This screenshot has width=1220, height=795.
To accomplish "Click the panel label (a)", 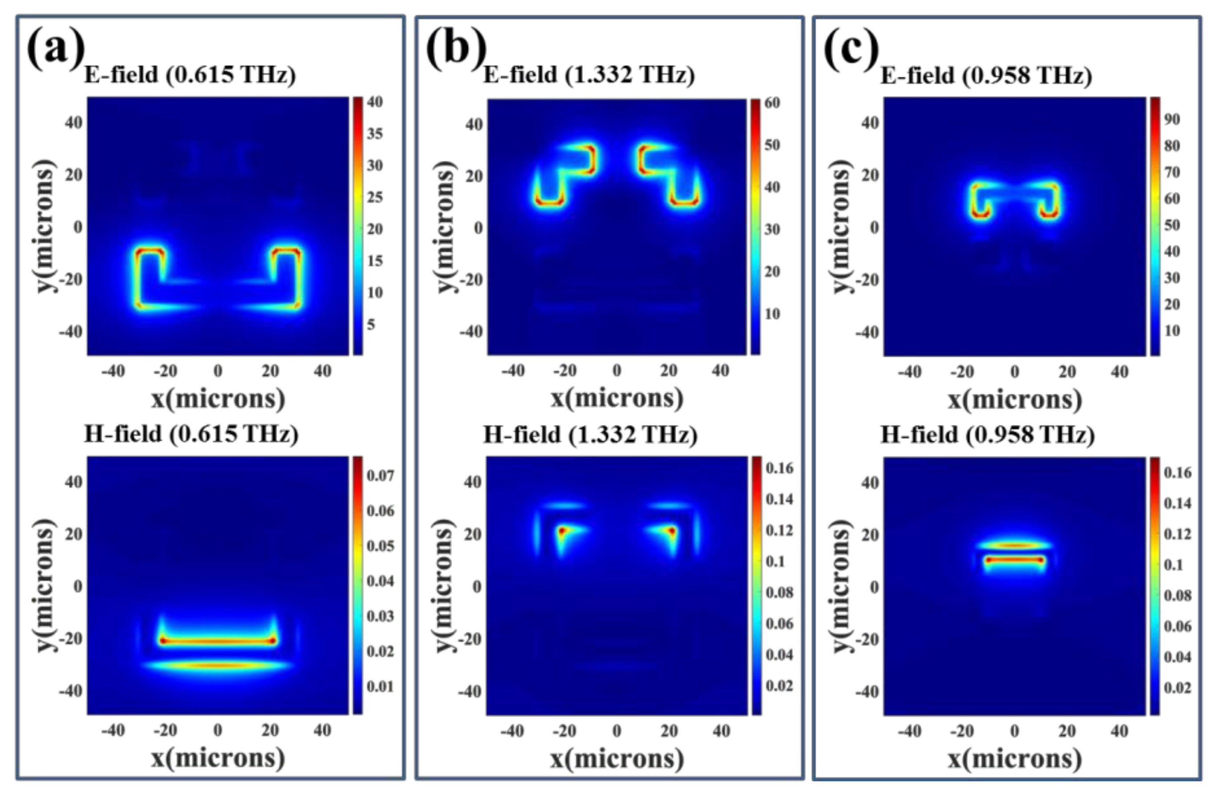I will tap(55, 49).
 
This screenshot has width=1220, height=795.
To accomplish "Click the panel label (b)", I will tap(455, 49).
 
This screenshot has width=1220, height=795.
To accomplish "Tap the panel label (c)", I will tap(851, 49).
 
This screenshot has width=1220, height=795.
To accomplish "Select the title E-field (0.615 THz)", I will tap(190, 75).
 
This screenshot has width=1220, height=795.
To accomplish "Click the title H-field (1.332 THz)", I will tap(590, 435).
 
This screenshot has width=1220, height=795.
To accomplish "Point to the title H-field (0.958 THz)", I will tap(987, 435).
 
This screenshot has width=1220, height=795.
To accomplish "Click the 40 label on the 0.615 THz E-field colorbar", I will tap(375, 102).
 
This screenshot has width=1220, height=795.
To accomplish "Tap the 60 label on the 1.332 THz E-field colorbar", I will tap(772, 103).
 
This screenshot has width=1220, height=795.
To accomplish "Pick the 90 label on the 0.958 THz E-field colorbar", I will tap(1172, 119).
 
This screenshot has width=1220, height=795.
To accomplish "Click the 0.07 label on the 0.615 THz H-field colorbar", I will tap(380, 476).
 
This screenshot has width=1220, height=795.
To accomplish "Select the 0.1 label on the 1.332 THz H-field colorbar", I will tap(775, 561).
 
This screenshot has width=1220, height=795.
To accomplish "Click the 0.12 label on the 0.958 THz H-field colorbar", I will tap(1177, 534).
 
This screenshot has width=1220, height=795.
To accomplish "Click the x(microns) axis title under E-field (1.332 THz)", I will tap(617, 398).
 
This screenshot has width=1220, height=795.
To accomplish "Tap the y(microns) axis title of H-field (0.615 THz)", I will tap(45, 586).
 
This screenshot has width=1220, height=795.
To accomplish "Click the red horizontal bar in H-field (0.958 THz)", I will tap(1014, 560).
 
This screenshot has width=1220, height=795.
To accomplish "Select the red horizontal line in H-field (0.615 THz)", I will tap(218, 640).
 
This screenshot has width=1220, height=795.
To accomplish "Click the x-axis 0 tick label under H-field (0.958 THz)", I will tap(1014, 731).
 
